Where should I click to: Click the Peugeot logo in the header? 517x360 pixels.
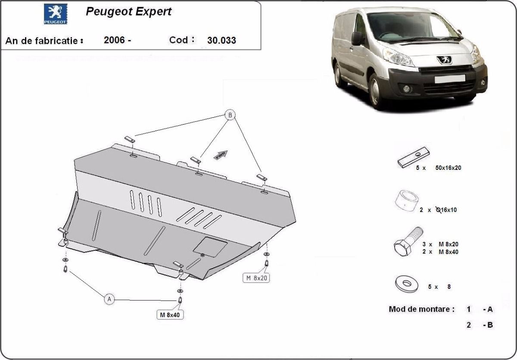(x=56, y=14)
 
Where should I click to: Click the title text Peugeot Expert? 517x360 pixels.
(x=128, y=12)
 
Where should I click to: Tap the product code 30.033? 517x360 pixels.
(x=221, y=41)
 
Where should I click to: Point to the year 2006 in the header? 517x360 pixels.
(x=114, y=40)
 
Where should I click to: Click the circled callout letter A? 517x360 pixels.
(x=109, y=299)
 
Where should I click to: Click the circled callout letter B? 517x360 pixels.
(x=230, y=115)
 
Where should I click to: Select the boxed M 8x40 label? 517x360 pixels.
(x=170, y=315)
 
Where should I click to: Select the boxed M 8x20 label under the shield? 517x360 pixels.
(x=256, y=278)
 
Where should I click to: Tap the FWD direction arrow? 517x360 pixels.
(x=221, y=155)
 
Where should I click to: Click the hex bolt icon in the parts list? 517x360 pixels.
(x=408, y=241)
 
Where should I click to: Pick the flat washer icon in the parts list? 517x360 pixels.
(x=406, y=284)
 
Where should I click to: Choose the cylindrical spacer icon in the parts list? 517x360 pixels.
(x=407, y=200)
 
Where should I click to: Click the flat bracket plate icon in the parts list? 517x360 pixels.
(x=413, y=157)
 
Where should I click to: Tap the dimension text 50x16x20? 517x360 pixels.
(x=448, y=168)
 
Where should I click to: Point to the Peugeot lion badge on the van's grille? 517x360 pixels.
(x=444, y=60)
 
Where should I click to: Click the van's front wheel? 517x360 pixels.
(x=375, y=91)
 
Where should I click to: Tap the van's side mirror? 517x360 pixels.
(x=357, y=38)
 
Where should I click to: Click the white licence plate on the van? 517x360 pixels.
(x=450, y=79)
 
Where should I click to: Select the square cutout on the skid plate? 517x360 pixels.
(x=210, y=247)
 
